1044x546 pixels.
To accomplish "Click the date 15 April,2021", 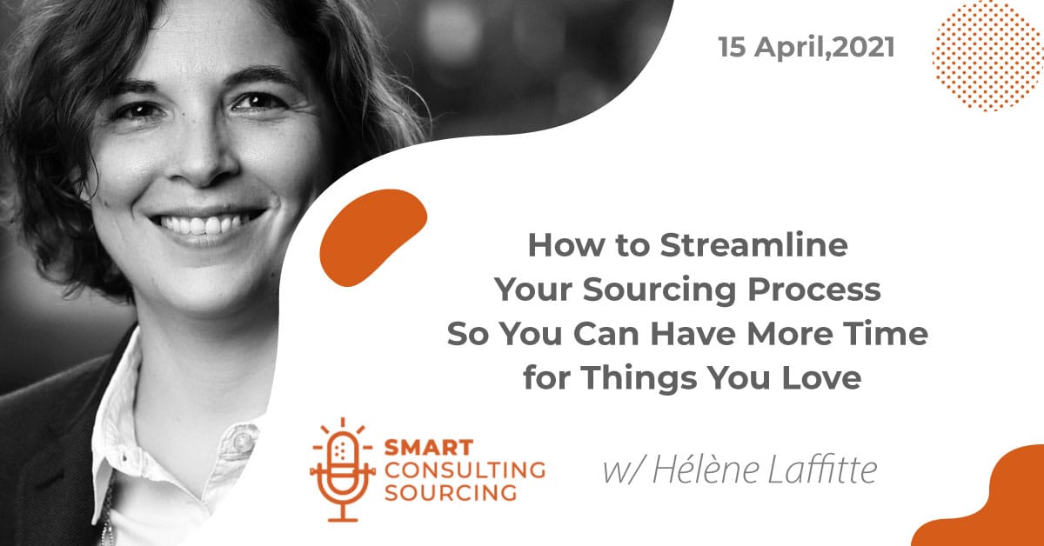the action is click(806, 48).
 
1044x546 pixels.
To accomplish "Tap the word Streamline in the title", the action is click(753, 245).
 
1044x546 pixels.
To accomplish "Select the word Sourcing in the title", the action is click(660, 290).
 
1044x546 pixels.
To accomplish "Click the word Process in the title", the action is click(814, 290).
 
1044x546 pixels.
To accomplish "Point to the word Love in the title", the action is click(821, 377).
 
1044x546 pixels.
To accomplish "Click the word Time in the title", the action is click(885, 334).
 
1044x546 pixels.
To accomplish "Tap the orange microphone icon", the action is click(343, 469).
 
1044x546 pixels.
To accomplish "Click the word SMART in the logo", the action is click(429, 448).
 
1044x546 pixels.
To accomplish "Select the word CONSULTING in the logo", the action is click(465, 470).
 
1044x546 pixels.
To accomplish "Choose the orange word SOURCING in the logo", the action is click(451, 493).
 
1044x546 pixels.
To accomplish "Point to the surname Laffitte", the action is click(822, 469).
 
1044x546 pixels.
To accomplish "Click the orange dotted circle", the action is click(987, 56).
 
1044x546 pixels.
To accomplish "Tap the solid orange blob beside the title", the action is click(373, 237).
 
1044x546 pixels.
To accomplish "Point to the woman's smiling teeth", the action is click(205, 223).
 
